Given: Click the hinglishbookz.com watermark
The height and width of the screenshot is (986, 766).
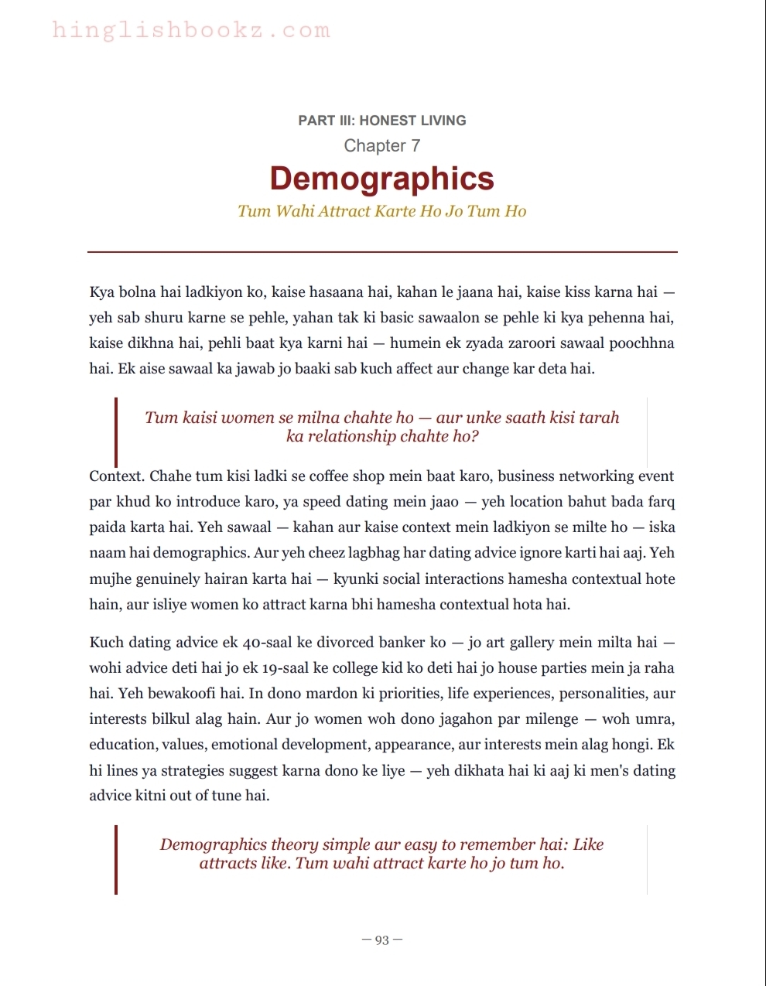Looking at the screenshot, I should [x=191, y=31].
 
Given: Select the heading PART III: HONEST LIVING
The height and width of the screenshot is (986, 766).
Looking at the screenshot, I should [x=382, y=121].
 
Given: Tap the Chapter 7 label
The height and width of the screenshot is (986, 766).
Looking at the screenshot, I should [x=382, y=145].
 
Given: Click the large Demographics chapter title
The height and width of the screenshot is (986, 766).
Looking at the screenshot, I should [x=382, y=179].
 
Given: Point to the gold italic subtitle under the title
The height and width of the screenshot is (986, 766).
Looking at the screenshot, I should [x=382, y=211].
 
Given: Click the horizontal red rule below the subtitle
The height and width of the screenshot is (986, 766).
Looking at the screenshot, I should [x=382, y=251].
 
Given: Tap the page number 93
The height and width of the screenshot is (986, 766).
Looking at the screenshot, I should [x=382, y=940].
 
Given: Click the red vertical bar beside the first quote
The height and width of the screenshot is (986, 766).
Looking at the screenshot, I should [x=116, y=432].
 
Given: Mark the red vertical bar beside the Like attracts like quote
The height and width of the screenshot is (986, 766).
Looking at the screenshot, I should [x=116, y=859].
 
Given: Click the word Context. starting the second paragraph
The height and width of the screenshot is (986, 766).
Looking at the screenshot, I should [x=117, y=476].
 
